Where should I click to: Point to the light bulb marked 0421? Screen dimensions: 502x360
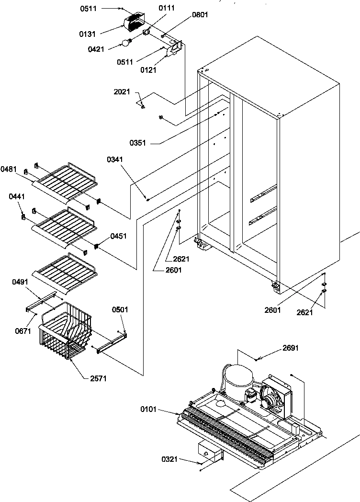pos(126,43)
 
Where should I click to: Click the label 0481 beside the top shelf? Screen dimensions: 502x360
pos(9,169)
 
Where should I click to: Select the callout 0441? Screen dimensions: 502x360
pos(16,197)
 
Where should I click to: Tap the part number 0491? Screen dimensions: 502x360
pos(21,282)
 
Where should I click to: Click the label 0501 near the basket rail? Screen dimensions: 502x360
pos(121,310)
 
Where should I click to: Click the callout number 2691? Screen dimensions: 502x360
pos(290,348)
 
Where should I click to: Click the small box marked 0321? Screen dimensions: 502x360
pos(209,452)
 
